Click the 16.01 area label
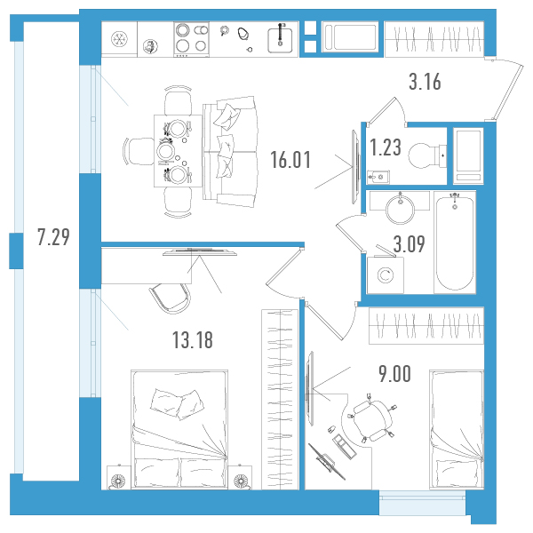point(290,160)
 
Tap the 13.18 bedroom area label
point(193,340)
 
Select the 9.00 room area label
point(394,374)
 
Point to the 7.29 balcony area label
point(53,237)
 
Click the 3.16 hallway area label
point(425,82)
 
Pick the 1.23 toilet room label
point(386,147)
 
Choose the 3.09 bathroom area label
point(409,243)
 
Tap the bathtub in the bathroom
point(455,242)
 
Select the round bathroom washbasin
point(400,209)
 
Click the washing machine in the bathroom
point(386,274)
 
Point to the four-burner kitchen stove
point(191,39)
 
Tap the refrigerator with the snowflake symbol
point(119,39)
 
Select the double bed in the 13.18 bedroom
point(179,429)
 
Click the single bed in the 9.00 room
point(457,430)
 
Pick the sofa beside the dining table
point(230,152)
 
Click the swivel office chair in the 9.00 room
point(371,420)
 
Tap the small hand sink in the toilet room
point(378,177)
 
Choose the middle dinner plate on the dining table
point(165,152)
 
